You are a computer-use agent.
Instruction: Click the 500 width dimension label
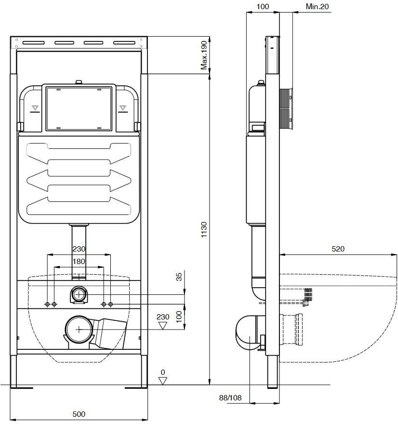coord(79,414)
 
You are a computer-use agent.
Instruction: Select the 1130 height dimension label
coord(204,229)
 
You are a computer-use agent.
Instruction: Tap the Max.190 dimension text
coord(204,55)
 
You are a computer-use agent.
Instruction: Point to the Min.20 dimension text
coord(317,6)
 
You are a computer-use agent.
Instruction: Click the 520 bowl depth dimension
coord(338,249)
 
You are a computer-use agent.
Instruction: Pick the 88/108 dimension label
coord(230,398)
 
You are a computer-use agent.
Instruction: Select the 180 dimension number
coord(79,262)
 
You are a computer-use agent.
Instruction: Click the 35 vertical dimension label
coord(179,277)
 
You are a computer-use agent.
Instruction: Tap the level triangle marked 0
coord(162,381)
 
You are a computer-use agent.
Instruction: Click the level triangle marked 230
coord(162,326)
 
